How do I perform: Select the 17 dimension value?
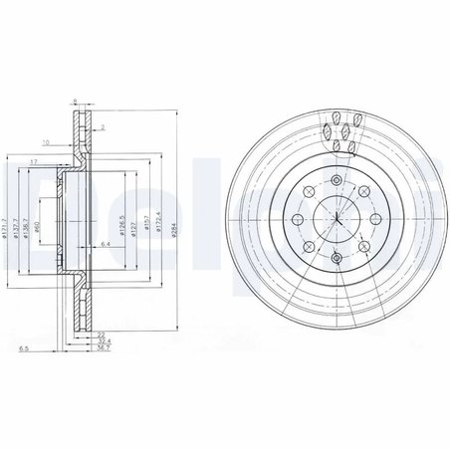coord(33,161)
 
